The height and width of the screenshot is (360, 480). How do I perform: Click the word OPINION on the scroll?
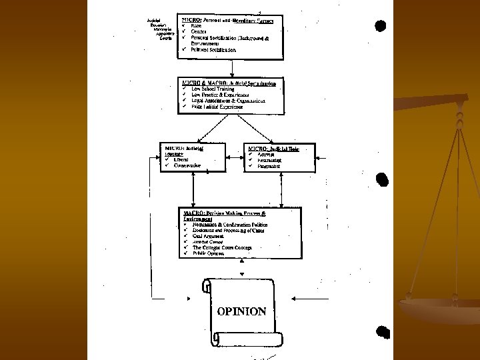point(241,311)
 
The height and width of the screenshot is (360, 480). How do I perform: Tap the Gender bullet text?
point(199,32)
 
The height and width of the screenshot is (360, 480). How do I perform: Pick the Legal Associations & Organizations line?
point(228,101)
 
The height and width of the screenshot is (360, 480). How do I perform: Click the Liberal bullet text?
point(181,160)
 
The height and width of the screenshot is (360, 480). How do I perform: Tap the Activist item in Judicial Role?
point(266,155)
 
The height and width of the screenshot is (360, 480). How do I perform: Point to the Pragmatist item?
point(269,166)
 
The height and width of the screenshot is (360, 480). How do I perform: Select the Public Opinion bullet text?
point(209,253)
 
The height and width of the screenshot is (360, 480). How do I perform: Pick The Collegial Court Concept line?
point(223,247)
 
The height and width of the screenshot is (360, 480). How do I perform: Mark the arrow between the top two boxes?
point(231,67)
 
